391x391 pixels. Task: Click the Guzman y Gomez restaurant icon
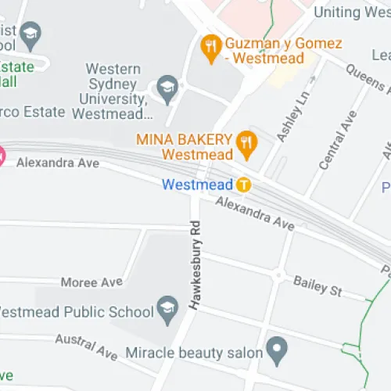pyautogui.click(x=210, y=48)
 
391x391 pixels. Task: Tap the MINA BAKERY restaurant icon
pyautogui.click(x=247, y=141)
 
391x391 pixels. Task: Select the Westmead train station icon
pyautogui.click(x=244, y=185)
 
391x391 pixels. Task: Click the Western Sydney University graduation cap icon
pyautogui.click(x=167, y=89)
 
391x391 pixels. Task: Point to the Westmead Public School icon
pyautogui.click(x=167, y=310)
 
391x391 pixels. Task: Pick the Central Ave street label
pyautogui.click(x=337, y=141)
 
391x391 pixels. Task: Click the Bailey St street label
pyautogui.click(x=317, y=286)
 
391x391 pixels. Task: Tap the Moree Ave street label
pyautogui.click(x=91, y=282)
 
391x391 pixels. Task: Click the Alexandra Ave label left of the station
pyautogui.click(x=58, y=163)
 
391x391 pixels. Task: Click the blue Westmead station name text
pyautogui.click(x=197, y=185)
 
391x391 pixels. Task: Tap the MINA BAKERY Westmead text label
pyautogui.click(x=185, y=147)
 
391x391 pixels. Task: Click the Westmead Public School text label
pyautogui.click(x=75, y=312)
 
